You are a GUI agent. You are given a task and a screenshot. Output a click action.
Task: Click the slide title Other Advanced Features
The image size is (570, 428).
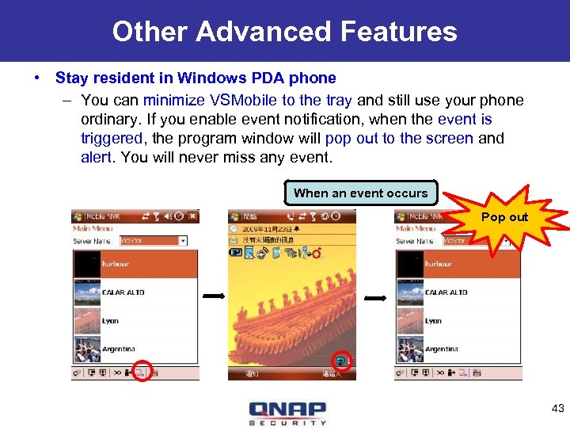coord(284,31)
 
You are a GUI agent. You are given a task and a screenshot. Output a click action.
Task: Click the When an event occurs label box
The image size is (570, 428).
coord(360,193)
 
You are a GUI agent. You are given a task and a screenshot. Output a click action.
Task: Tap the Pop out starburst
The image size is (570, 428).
coord(504,218)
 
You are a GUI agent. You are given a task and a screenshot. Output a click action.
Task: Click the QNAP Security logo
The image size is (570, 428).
coord(287,412)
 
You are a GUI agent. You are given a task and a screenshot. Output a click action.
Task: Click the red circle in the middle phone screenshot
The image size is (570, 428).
coord(342,361)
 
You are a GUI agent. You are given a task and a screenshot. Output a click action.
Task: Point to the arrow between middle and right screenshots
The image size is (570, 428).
coord(376,299)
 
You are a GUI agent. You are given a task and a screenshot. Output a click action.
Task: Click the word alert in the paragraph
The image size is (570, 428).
coord(98,157)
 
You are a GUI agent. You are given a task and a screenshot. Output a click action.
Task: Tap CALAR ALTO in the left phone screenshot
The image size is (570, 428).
coord(123,292)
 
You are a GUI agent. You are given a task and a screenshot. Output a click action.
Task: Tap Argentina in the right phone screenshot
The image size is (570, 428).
coord(442,349)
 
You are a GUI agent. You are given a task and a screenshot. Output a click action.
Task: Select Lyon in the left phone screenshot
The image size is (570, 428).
coord(111,321)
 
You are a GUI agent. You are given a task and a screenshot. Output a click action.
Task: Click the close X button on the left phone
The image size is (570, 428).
coord(192,216)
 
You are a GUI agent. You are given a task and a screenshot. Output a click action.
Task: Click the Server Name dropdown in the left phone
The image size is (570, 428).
coord(154,240)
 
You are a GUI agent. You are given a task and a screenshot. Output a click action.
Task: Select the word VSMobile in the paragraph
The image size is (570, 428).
coord(241,100)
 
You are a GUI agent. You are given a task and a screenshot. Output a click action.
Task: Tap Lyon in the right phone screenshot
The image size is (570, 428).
coord(434,321)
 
